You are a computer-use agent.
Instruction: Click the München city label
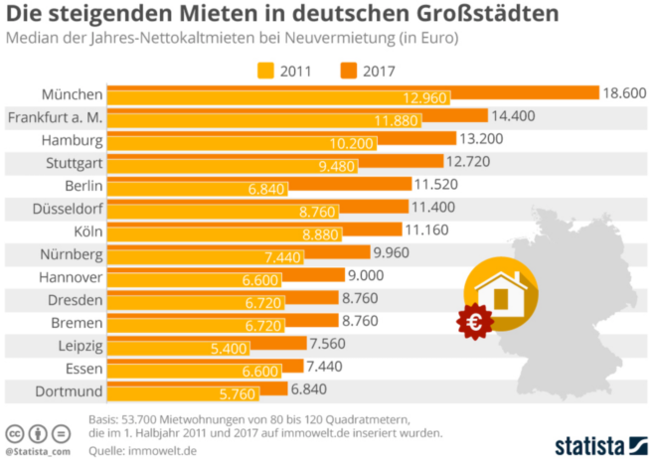tap(72, 94)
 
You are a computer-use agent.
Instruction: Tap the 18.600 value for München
tap(624, 92)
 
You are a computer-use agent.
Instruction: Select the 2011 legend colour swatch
tap(266, 71)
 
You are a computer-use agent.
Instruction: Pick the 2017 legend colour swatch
tap(350, 71)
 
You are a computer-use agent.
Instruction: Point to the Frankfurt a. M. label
tap(56, 117)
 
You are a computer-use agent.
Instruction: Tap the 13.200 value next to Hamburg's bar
tap(483, 138)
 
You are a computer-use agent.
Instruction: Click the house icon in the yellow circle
tap(501, 289)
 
